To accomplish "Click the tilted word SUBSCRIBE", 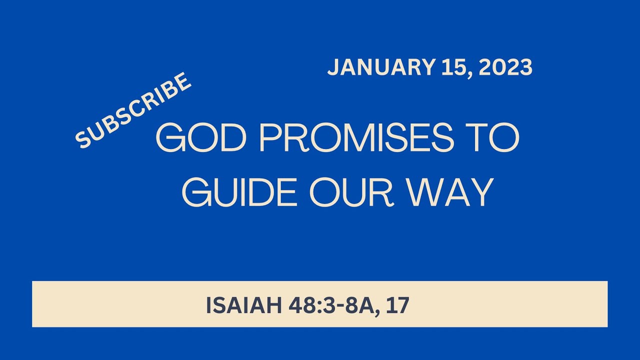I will [x=134, y=110].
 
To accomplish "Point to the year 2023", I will [x=505, y=68].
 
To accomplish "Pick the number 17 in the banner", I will [x=398, y=305].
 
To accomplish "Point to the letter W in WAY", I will [x=423, y=192].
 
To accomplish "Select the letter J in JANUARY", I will [x=333, y=68].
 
